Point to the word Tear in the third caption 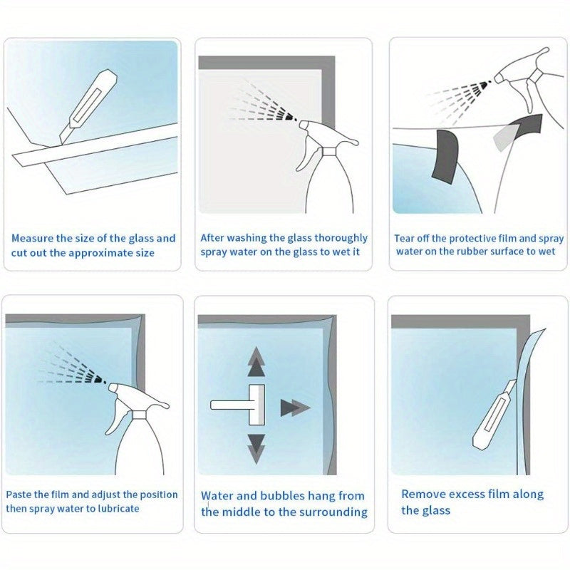403,239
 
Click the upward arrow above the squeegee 256,361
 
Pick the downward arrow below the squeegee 256,449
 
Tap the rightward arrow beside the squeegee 295,408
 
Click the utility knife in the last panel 495,415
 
